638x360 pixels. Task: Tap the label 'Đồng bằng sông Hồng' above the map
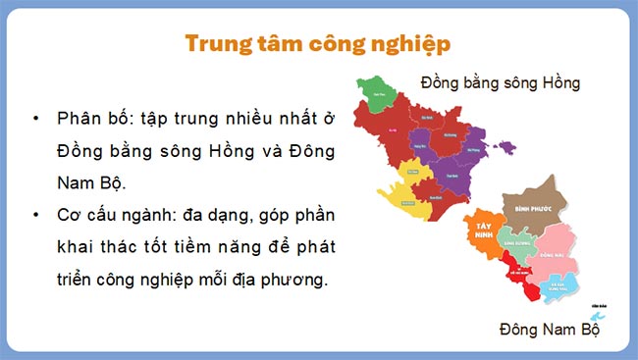click(500, 83)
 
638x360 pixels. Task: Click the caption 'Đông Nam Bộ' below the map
click(549, 330)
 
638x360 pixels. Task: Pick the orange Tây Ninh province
click(483, 229)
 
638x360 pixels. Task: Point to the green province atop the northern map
click(376, 94)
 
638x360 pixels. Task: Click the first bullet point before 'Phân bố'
click(35, 119)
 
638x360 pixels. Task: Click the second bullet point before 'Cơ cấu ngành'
click(35, 215)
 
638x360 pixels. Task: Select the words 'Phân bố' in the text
click(89, 119)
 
